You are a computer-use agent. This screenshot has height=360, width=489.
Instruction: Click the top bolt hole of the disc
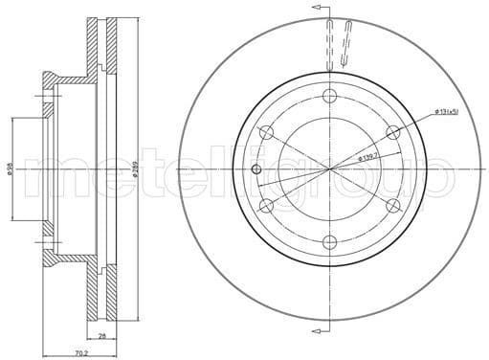tap(329, 95)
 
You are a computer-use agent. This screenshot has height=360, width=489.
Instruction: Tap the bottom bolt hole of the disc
tap(329, 242)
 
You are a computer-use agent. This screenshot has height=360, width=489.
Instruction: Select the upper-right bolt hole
tap(392, 131)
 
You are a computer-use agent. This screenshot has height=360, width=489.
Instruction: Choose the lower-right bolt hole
tap(392, 206)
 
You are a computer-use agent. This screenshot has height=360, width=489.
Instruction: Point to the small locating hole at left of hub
tap(256, 169)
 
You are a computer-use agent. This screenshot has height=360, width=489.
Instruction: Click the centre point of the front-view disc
tap(329, 169)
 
